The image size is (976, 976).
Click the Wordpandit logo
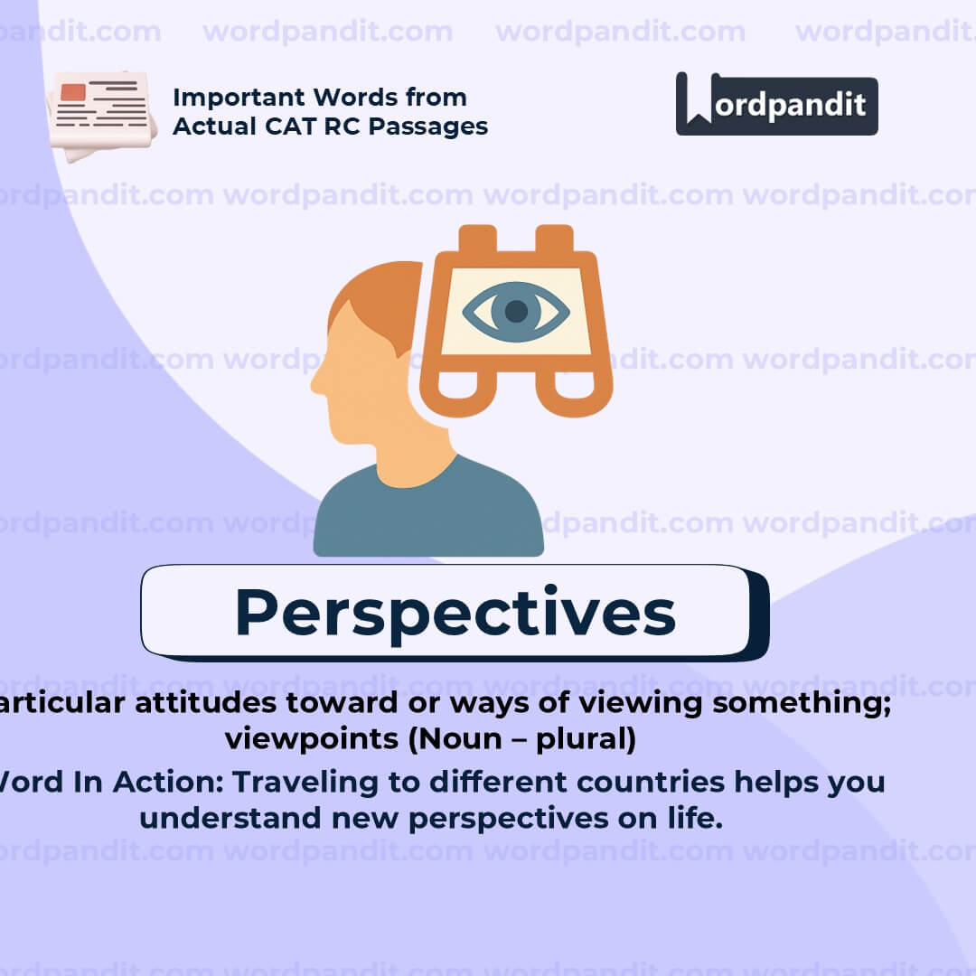tap(776, 104)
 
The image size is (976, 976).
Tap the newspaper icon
tap(101, 114)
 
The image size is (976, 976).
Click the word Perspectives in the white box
tap(455, 613)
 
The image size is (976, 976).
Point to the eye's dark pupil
tap(516, 312)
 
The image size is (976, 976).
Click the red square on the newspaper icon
tap(73, 92)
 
